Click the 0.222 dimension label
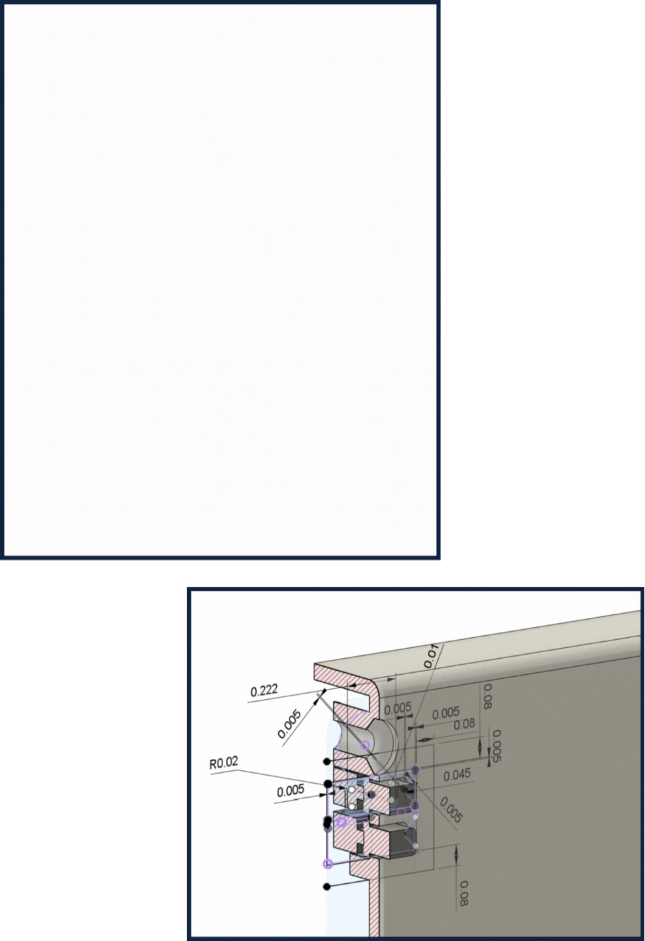click(263, 691)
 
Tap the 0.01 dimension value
click(431, 656)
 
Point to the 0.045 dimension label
click(457, 775)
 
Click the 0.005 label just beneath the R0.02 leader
click(290, 791)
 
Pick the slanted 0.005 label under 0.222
click(290, 724)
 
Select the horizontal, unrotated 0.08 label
click(464, 724)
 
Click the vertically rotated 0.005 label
click(497, 747)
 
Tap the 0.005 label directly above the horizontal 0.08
click(445, 713)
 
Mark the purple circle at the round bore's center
click(365, 745)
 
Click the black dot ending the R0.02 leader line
click(328, 784)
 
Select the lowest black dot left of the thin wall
click(327, 887)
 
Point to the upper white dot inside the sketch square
click(351, 790)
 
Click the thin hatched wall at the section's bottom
click(375, 907)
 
